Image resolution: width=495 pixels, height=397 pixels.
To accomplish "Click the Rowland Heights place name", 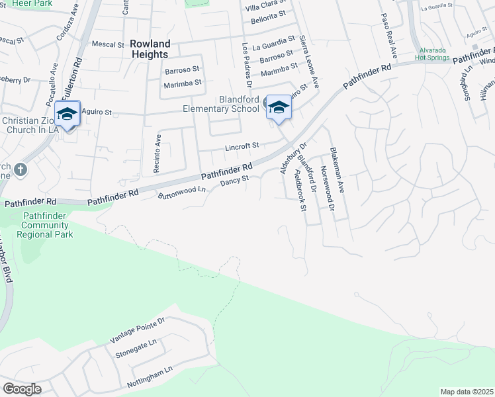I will tap(150, 49).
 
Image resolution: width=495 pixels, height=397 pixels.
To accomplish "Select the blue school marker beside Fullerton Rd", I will tap(67, 114).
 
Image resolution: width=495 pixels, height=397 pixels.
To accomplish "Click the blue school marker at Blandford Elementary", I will tap(279, 109).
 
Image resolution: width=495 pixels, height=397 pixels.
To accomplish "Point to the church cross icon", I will tap(20, 170).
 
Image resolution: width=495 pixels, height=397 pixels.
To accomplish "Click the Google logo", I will tap(22, 388).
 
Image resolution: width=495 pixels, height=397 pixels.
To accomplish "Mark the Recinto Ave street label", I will tap(157, 154).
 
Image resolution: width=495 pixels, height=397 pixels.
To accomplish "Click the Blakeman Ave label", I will tap(337, 169).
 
